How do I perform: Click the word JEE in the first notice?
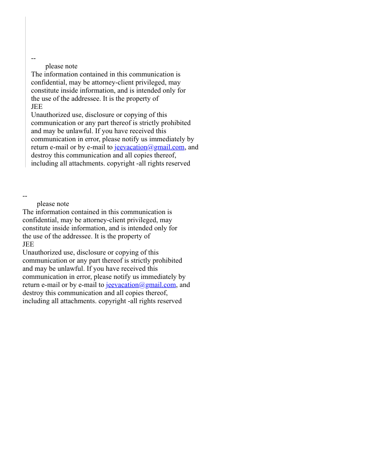(37, 107)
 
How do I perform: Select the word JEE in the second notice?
(28, 244)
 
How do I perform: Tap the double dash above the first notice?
(33, 58)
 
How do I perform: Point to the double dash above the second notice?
(25, 196)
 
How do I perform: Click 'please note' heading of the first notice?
(61, 66)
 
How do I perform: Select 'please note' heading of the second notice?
(53, 204)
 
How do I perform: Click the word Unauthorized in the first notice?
(51, 115)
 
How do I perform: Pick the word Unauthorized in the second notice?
(42, 252)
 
